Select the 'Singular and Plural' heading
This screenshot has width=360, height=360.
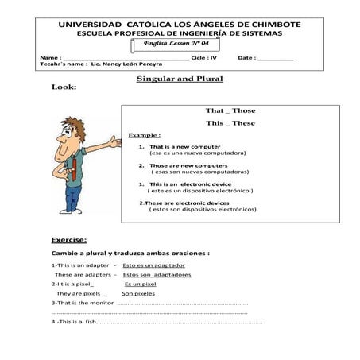coord(180,79)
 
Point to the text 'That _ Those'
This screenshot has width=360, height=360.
coord(230,110)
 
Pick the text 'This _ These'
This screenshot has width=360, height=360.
coord(230,123)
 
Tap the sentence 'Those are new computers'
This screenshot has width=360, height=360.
coord(183,165)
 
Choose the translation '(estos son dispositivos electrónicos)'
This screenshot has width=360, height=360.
coord(202,209)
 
